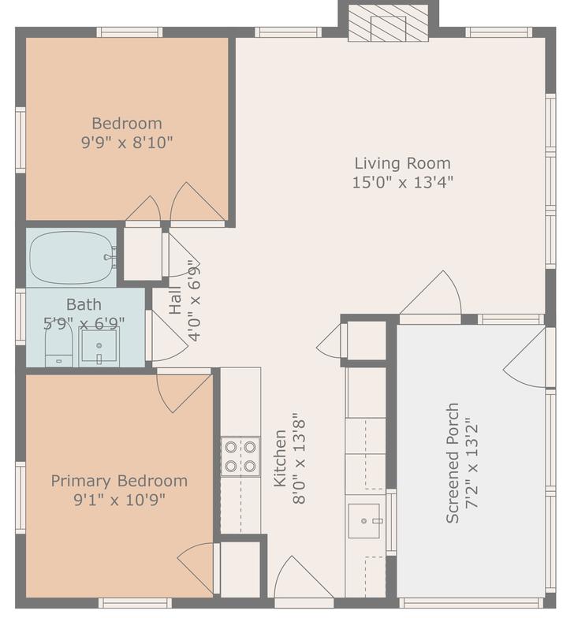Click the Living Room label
pos(402,163)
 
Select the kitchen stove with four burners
pos(240,456)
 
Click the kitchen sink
pos(365,520)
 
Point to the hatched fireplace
pos(388,23)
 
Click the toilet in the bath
pos(58,347)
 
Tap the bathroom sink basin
pos(99,346)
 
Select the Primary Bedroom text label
pos(119,481)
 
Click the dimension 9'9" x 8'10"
pos(127,142)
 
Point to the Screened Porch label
pos(453,463)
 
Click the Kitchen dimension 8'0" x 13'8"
pos(299,458)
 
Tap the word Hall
pos(175,300)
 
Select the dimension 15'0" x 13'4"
pos(402,183)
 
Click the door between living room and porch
pos(430,298)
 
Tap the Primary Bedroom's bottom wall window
pos(135,603)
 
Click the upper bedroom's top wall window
pos(129,32)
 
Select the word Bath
pos(84,304)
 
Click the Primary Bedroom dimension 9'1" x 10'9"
pos(119,500)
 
